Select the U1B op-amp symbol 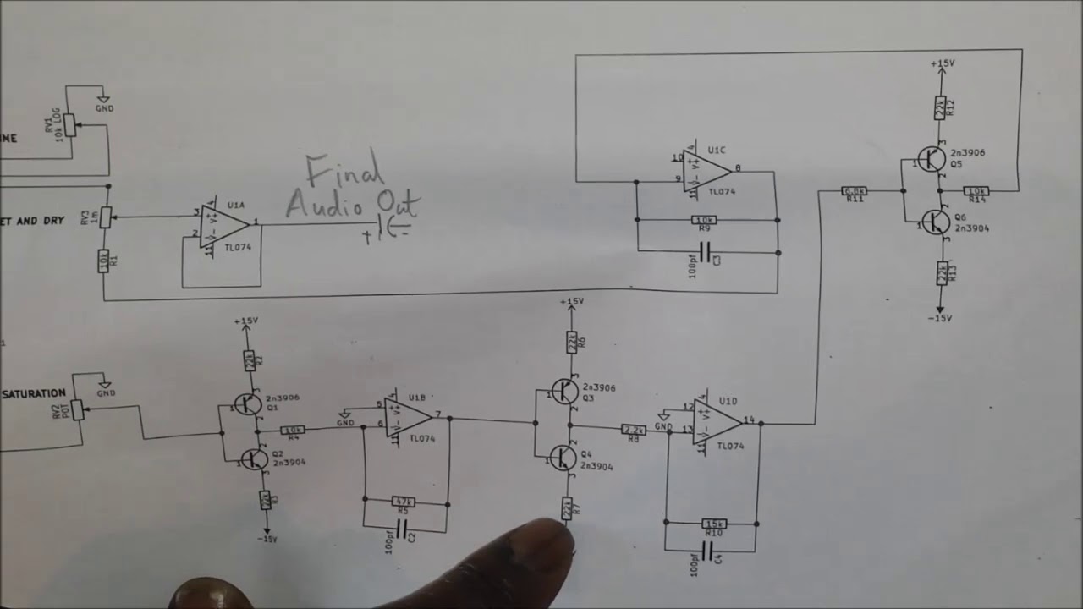point(407,417)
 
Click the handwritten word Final point(345,173)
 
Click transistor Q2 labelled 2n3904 point(253,459)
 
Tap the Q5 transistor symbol point(931,159)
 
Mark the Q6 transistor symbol point(934,222)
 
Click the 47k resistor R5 point(404,502)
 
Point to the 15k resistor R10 point(713,523)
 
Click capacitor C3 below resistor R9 point(706,252)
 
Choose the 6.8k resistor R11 point(855,191)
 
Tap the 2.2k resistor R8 point(634,430)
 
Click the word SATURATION point(34,393)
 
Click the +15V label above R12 point(942,63)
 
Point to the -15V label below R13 point(941,318)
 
